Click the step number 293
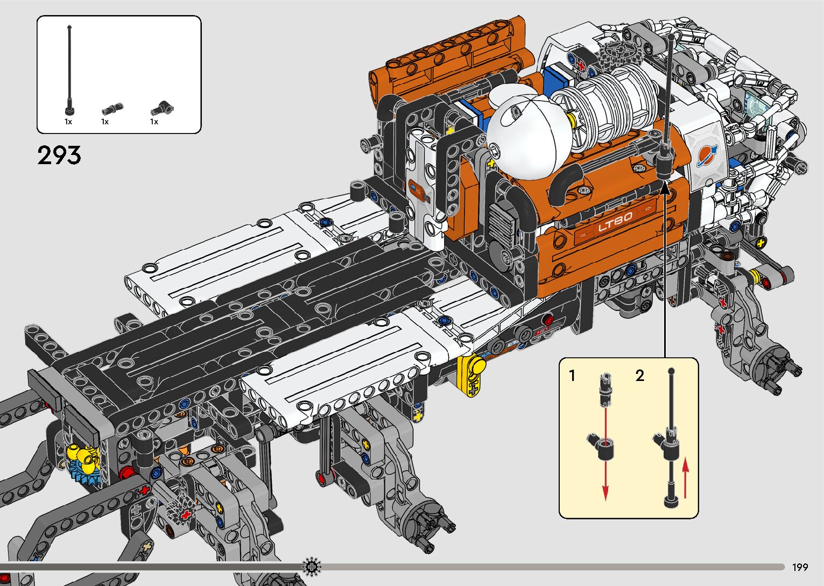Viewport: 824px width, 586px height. point(59,155)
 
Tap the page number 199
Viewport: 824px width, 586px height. point(800,567)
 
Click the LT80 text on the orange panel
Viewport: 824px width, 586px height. point(615,222)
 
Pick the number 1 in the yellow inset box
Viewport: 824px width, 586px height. point(572,376)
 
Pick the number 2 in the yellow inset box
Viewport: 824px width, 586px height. point(640,376)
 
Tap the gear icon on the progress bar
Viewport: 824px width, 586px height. point(311,567)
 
